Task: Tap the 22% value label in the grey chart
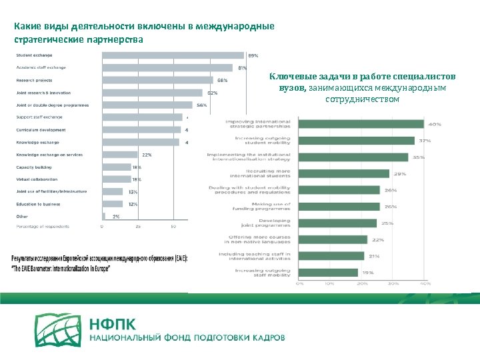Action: pos(147,155)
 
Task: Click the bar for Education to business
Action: pos(113,203)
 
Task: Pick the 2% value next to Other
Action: pos(116,216)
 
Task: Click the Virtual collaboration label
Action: pos(37,179)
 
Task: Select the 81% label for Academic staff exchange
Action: pos(243,67)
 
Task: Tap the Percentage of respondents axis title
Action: pos(42,227)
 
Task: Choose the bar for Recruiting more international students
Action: pos(344,173)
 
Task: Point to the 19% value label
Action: pos(367,272)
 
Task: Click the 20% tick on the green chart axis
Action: pos(361,284)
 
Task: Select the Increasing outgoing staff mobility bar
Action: pos(329,272)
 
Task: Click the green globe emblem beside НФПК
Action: pos(59,329)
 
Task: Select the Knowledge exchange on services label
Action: pos(49,155)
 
